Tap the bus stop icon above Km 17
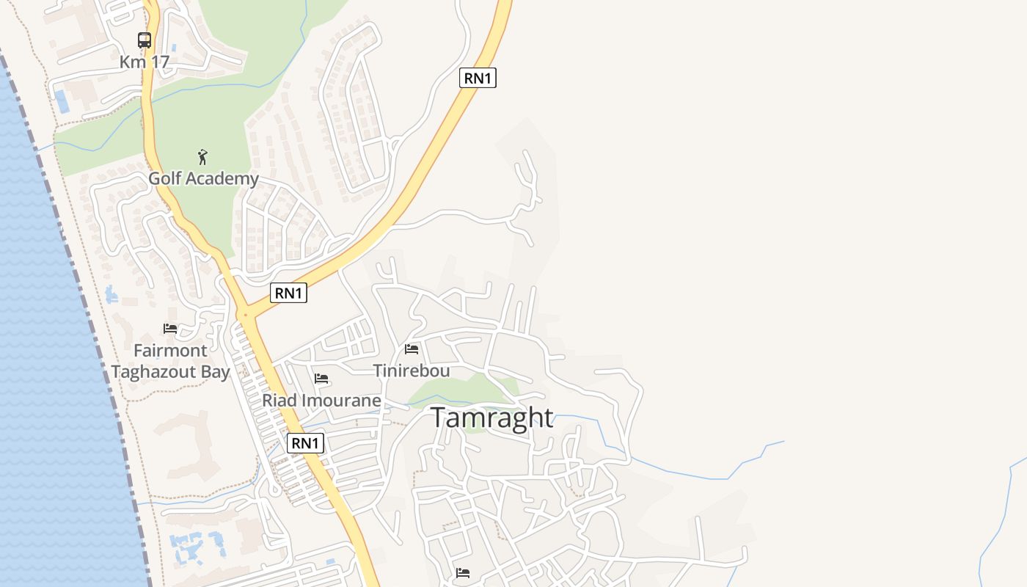(145, 40)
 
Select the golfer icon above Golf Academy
(203, 156)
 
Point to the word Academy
(223, 178)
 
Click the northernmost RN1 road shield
(478, 78)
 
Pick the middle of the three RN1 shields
(288, 293)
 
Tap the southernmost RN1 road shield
(305, 442)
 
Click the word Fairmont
(170, 350)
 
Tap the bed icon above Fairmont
(170, 328)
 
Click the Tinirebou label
(412, 371)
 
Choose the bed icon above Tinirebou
(412, 349)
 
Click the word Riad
(278, 401)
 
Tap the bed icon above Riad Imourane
(321, 379)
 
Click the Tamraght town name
(491, 418)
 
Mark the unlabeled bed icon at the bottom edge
(462, 572)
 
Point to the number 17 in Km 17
(159, 62)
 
